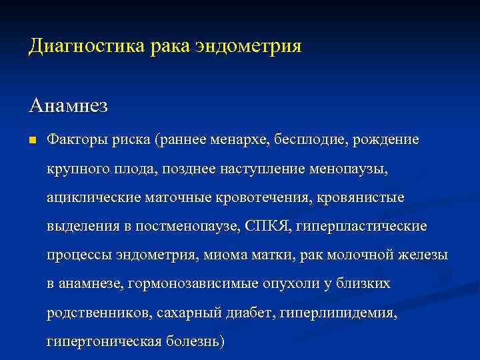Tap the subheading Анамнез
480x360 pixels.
tap(69, 105)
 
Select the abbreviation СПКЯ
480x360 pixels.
tap(270, 227)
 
